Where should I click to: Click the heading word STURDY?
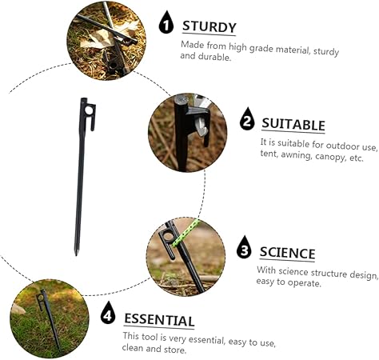[209, 26]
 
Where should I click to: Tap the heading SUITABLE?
[293, 124]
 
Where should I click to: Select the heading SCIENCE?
[287, 253]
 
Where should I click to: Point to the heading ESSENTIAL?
[158, 320]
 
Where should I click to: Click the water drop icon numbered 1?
[166, 22]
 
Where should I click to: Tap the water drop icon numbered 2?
[247, 121]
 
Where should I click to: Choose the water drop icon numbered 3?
[242, 247]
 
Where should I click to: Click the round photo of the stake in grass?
[49, 318]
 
